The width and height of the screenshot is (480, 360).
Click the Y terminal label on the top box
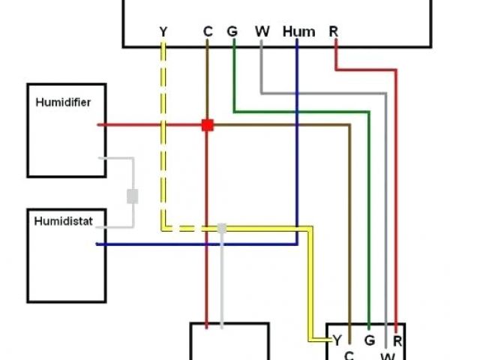[x=163, y=31]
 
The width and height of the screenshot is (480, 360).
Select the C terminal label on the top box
[x=208, y=31]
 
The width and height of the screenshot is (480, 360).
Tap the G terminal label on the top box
[x=232, y=31]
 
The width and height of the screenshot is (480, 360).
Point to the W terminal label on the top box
[x=262, y=31]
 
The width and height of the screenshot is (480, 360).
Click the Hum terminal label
[x=298, y=31]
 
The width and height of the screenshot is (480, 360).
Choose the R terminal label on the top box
[x=333, y=31]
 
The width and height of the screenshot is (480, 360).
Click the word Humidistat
[x=59, y=221]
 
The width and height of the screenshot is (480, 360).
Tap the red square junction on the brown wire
[x=208, y=125]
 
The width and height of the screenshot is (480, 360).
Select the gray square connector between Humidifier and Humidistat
[x=133, y=196]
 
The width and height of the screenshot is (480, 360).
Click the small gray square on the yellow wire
[x=221, y=227]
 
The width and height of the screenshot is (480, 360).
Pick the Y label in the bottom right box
[x=337, y=340]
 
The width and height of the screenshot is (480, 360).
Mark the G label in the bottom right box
[x=369, y=340]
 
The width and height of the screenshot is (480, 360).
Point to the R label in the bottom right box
[x=397, y=340]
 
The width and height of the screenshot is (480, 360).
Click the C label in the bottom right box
[x=349, y=354]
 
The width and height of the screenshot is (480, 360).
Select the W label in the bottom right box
[x=385, y=354]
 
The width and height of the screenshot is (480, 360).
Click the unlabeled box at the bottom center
[x=229, y=343]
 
